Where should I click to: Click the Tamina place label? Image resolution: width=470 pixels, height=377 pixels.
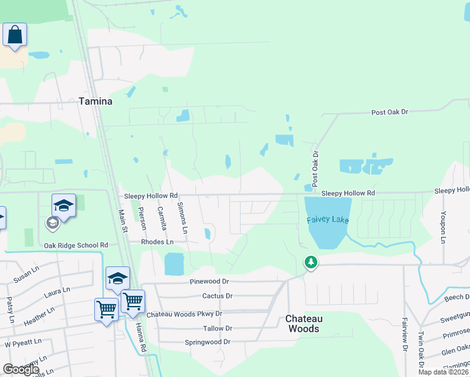pyautogui.click(x=96, y=101)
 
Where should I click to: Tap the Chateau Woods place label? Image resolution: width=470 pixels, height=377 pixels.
pyautogui.click(x=302, y=324)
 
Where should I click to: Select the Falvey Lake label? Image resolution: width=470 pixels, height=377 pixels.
pyautogui.click(x=327, y=220)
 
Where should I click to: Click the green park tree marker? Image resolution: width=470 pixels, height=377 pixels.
pyautogui.click(x=310, y=262)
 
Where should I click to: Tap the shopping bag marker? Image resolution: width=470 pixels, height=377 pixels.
pyautogui.click(x=14, y=35)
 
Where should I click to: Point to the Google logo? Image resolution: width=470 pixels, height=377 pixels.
pyautogui.click(x=21, y=369)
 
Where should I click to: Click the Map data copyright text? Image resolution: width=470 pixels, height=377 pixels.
pyautogui.click(x=442, y=372)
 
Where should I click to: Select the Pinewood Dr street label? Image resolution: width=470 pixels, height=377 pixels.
pyautogui.click(x=209, y=282)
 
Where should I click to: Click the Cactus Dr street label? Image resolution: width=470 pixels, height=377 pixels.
pyautogui.click(x=217, y=296)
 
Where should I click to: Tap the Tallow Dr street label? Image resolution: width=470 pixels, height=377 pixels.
pyautogui.click(x=217, y=329)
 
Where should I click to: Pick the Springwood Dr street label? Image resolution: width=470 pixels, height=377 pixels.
pyautogui.click(x=207, y=342)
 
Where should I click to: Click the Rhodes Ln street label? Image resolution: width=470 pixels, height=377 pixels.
pyautogui.click(x=157, y=242)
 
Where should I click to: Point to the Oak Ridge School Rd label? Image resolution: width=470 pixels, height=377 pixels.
pyautogui.click(x=76, y=245)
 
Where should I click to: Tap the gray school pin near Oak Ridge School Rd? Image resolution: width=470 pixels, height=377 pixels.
pyautogui.click(x=53, y=222)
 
